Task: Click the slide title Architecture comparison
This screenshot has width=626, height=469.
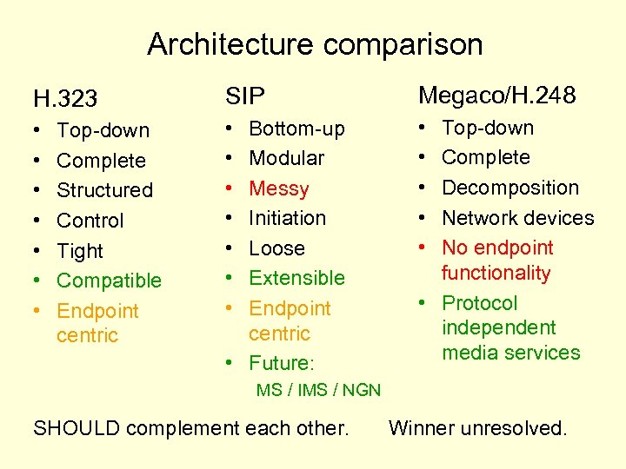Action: point(315,43)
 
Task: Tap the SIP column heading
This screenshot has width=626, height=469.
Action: point(245,96)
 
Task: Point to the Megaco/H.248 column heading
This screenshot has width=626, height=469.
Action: point(496,96)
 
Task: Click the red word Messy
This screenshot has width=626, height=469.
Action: point(279,188)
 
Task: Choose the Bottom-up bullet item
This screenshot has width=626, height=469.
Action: point(296,129)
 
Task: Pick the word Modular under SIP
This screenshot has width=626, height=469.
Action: point(286,159)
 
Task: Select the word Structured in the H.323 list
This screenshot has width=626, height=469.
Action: point(104,190)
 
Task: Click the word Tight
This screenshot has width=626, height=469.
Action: point(80,251)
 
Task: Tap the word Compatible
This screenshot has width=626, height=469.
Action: point(109,281)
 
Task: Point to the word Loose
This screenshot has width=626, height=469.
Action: point(276,248)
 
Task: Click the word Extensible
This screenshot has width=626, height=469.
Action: point(296,278)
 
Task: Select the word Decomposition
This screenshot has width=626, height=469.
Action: point(509,188)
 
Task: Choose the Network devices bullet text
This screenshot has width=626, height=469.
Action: point(517,218)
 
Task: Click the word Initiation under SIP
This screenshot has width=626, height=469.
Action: point(287,218)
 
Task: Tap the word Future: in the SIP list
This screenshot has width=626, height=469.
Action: point(280,363)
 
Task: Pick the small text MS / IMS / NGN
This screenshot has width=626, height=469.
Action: point(318,390)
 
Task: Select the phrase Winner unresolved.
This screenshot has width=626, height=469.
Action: point(477,428)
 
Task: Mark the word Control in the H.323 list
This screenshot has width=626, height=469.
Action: point(90,221)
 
